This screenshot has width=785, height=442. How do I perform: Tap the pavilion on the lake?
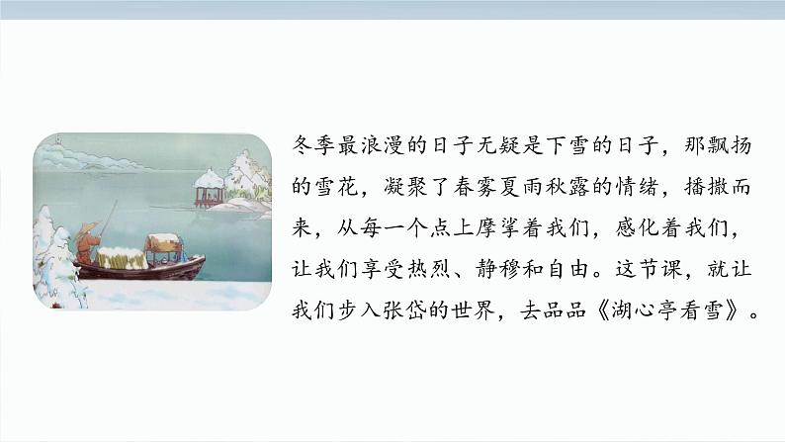(209, 185)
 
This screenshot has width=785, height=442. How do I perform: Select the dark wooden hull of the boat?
(138, 268)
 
